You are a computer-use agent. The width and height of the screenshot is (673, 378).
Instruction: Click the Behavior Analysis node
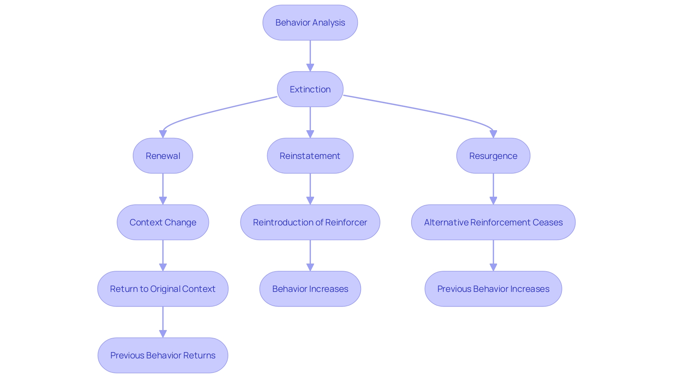coord(310,23)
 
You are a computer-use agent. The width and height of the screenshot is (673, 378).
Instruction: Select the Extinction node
coord(310,89)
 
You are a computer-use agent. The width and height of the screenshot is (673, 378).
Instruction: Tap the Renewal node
coord(163,156)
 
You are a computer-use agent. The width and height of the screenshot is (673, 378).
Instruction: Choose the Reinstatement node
coord(310,156)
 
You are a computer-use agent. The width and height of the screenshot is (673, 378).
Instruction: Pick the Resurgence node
coord(493,156)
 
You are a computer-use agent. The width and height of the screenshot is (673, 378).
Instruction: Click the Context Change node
coord(163,222)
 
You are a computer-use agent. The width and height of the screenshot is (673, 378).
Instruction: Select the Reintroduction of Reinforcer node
coord(310,222)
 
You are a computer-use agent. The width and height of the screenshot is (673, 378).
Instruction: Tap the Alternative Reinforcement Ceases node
coord(493,222)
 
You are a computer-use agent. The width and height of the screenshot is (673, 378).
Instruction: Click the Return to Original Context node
coord(163,289)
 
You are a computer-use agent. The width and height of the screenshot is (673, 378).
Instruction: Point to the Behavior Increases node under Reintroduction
coord(310,289)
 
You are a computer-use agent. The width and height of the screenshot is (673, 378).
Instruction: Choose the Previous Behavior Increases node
coord(493,289)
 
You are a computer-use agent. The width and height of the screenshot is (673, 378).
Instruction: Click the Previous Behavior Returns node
coord(163,355)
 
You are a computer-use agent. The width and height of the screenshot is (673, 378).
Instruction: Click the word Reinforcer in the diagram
coord(346,222)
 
